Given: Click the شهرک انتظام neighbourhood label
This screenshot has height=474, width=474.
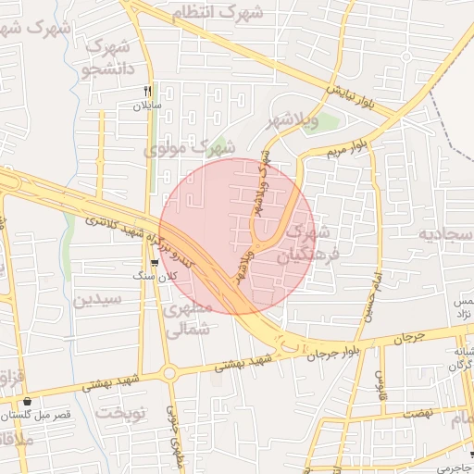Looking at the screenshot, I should pos(218,12).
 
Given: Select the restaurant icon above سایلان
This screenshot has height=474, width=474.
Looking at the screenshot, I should pos(146,91).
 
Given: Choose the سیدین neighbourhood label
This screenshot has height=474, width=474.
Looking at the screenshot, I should pos(97,299).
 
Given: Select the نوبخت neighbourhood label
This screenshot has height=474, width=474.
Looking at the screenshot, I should pos(122,412).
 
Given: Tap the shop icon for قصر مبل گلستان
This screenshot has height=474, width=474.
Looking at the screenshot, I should pos(28,403).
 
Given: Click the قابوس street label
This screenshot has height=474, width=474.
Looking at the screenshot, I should pos(380,380).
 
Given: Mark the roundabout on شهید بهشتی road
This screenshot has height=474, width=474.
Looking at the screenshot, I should pos(169,374).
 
